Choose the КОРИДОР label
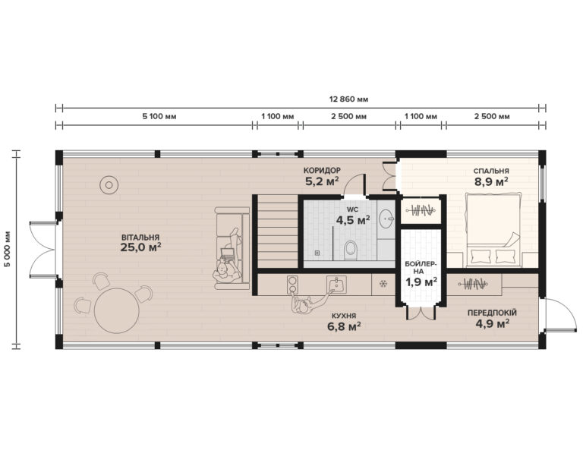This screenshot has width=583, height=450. pyautogui.click(x=321, y=170)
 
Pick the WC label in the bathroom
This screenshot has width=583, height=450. pyautogui.click(x=353, y=208)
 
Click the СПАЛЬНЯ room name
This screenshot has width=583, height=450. pyautogui.click(x=491, y=171)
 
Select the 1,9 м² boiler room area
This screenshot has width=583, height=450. pyautogui.click(x=420, y=282)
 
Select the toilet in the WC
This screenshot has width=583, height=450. pyautogui.click(x=350, y=248)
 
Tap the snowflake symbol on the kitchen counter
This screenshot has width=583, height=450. pyautogui.click(x=383, y=285)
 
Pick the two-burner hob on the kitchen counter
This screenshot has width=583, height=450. pyautogui.click(x=292, y=284)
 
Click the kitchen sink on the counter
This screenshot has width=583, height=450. pyautogui.click(x=336, y=284)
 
